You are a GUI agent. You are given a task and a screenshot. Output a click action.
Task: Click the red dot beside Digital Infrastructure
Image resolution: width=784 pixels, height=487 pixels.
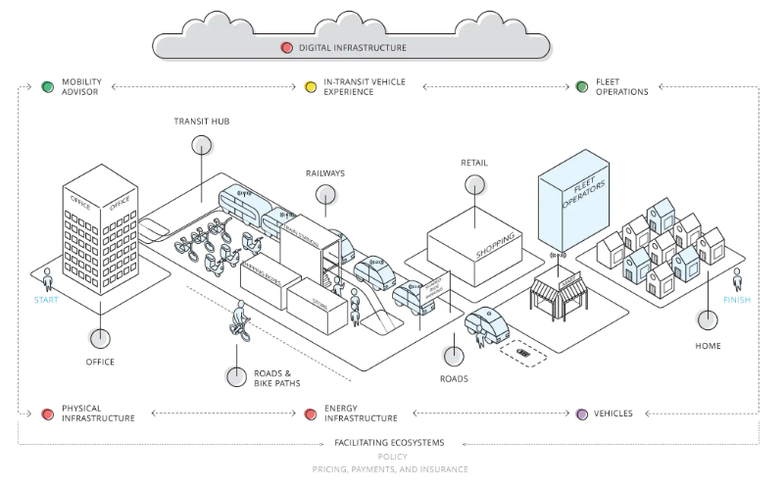click(x=286, y=47)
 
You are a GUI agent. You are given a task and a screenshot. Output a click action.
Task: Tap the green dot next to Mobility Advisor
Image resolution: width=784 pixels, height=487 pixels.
click(x=46, y=86)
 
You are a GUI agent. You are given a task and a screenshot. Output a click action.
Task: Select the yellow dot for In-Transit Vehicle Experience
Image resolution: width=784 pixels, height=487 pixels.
click(x=311, y=86)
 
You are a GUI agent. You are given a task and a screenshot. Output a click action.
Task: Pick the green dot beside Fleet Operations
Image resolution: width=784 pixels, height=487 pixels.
click(x=581, y=86)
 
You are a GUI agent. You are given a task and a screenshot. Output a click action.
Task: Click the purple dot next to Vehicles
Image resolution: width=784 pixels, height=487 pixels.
click(x=581, y=414)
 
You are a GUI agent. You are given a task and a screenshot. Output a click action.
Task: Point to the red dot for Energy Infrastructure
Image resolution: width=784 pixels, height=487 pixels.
click(x=311, y=414)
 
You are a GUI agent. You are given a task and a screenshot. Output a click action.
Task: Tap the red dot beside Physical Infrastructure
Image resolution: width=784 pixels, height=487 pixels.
click(x=46, y=414)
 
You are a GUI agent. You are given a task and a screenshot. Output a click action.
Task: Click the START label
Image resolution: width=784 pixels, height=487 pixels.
click(x=46, y=300)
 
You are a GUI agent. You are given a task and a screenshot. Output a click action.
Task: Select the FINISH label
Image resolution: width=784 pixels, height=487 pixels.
click(x=736, y=300)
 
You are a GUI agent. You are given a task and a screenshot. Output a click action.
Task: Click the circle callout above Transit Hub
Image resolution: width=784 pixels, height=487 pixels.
click(x=202, y=146)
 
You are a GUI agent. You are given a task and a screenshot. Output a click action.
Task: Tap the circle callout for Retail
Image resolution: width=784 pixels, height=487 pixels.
click(x=475, y=184)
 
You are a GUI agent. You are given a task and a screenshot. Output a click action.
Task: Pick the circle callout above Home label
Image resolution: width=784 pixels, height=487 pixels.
click(x=707, y=319)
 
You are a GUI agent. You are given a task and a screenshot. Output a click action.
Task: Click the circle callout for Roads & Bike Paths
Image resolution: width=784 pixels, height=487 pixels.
click(x=236, y=376)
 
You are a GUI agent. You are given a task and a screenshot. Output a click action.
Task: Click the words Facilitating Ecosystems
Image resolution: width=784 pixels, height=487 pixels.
click(x=390, y=443)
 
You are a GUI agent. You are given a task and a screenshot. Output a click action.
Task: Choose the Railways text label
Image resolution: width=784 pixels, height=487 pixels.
click(x=324, y=173)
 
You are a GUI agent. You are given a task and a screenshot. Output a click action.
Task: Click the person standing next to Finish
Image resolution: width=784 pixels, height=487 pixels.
click(x=737, y=278)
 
